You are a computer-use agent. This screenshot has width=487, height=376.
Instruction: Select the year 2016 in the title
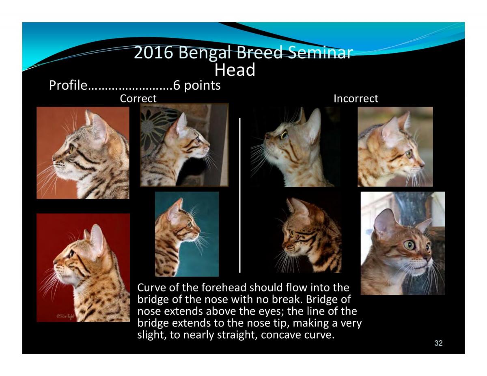(x=153, y=52)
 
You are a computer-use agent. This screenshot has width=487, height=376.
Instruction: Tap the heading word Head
(x=235, y=70)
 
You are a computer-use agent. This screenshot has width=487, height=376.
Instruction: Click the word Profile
(x=68, y=85)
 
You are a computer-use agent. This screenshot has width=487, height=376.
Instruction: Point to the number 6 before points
(x=177, y=85)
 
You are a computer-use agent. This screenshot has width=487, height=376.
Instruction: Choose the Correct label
(x=138, y=99)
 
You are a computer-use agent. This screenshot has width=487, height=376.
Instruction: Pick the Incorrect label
(x=356, y=99)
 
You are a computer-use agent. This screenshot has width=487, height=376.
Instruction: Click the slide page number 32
(x=439, y=343)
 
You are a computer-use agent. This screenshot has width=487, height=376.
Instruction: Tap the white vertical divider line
(x=240, y=195)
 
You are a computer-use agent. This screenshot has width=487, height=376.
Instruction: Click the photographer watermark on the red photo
(x=65, y=316)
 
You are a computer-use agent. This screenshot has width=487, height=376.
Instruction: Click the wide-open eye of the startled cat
(x=409, y=245)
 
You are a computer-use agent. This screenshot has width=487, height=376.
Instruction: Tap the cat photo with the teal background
(x=187, y=234)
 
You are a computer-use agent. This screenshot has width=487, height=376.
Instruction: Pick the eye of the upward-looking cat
(x=284, y=135)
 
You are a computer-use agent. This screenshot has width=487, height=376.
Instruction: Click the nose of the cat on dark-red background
(x=55, y=262)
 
